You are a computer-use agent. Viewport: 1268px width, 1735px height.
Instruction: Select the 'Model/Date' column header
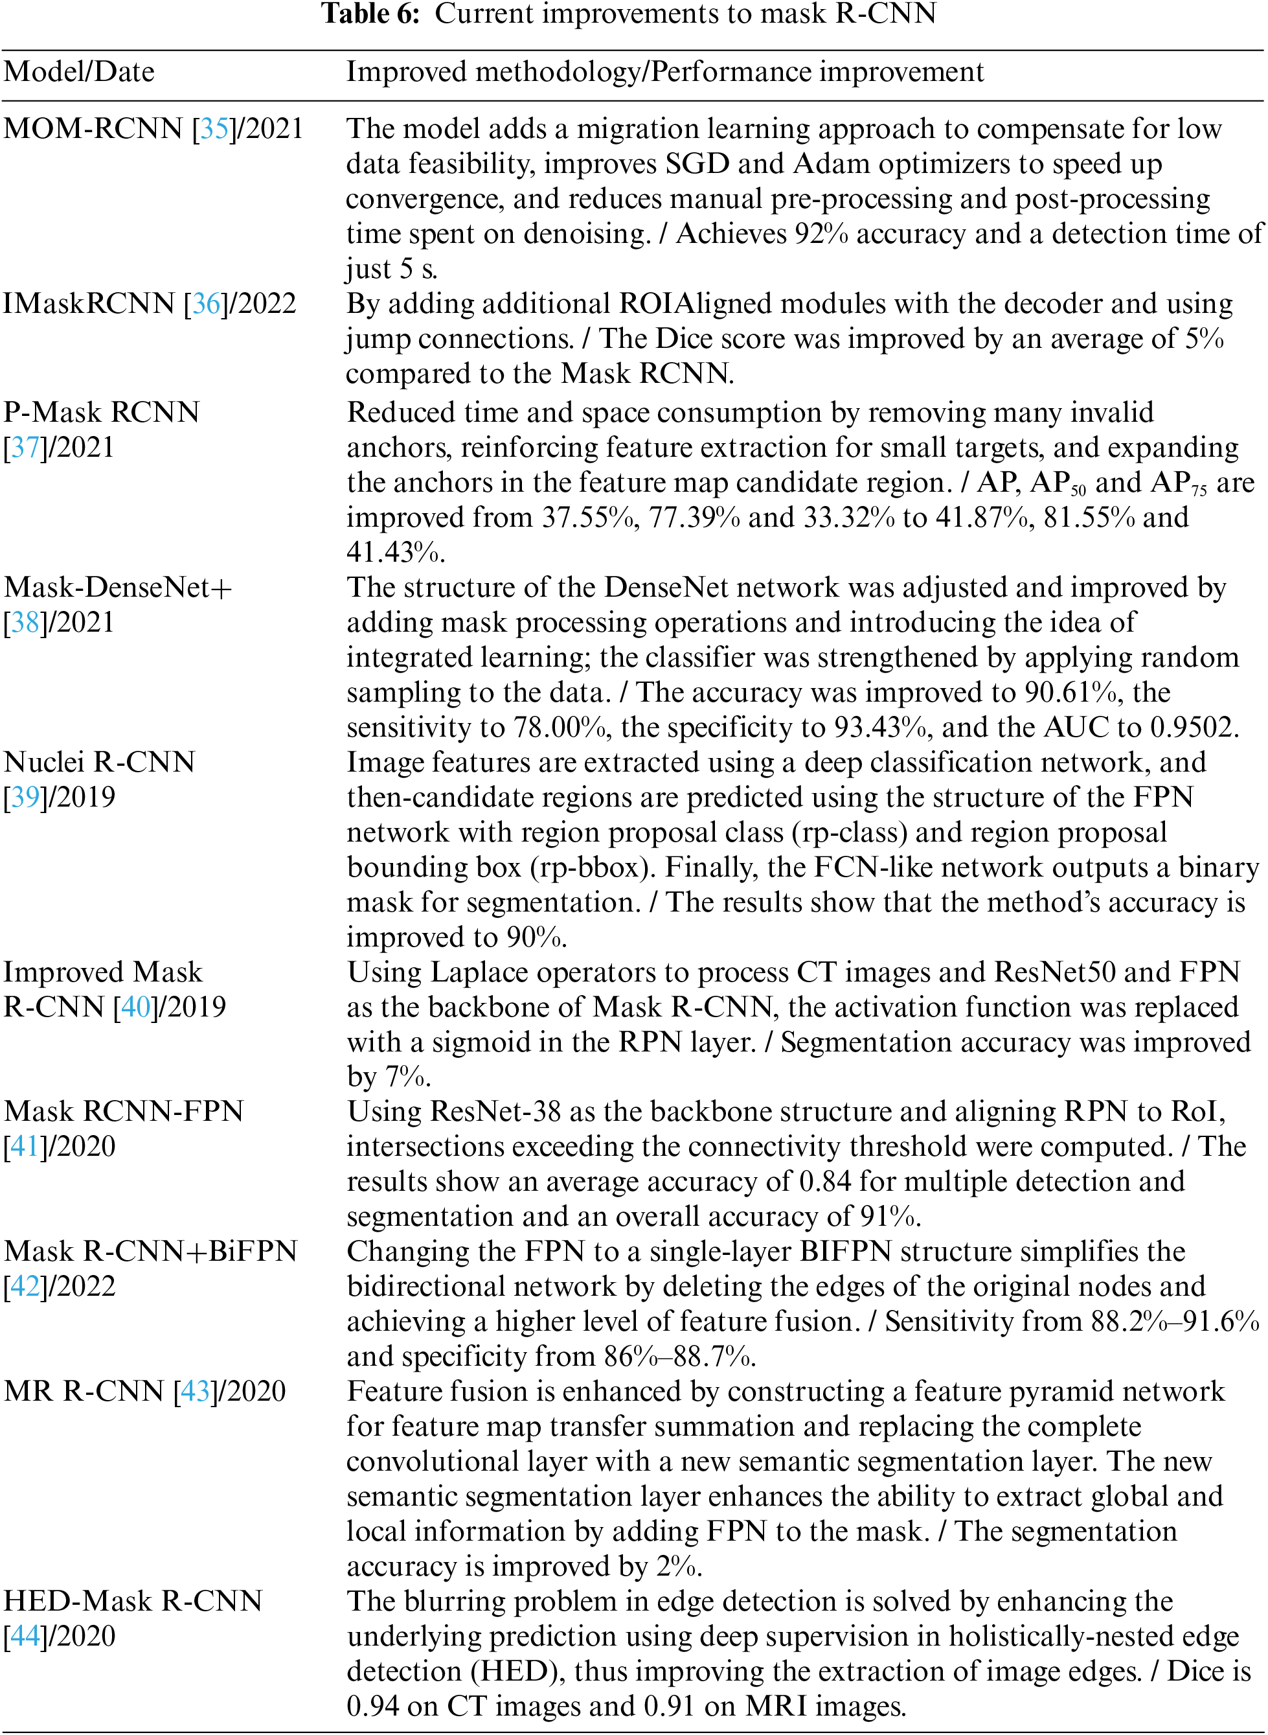click(79, 72)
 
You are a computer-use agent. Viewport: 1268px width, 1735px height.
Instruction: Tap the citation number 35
click(214, 129)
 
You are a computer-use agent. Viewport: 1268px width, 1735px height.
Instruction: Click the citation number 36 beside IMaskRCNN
click(206, 304)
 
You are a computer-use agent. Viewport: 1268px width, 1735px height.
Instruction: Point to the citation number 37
click(25, 448)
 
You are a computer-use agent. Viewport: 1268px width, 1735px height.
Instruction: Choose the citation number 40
click(135, 1007)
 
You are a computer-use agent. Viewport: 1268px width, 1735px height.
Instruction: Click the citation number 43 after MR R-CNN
click(195, 1391)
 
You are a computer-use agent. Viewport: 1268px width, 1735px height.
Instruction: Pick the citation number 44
click(25, 1636)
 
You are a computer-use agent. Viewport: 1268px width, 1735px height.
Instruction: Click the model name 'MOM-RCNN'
click(93, 129)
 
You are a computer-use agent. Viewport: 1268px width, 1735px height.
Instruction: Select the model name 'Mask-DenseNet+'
click(117, 587)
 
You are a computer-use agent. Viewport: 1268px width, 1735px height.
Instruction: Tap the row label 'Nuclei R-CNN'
click(99, 763)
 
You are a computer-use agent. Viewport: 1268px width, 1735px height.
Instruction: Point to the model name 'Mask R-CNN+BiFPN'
click(150, 1251)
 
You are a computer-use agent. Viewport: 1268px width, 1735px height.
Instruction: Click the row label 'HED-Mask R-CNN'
click(133, 1601)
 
